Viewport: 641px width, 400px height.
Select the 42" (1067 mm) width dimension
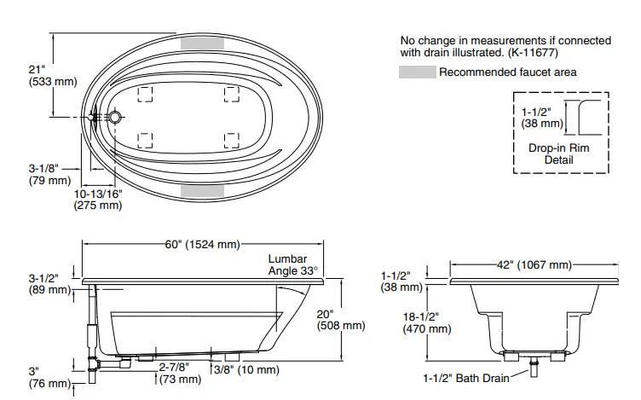pos(534,265)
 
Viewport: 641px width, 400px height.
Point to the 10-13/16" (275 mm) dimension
pos(99,199)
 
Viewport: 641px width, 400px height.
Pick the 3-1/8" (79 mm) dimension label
pos(48,174)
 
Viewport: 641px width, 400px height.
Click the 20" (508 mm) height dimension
pos(340,319)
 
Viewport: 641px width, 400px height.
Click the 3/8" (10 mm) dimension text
pos(247,369)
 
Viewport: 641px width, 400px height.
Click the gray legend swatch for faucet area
pos(417,72)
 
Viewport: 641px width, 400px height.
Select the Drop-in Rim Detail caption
pos(558,154)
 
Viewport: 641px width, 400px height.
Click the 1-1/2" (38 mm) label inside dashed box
pos(542,118)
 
